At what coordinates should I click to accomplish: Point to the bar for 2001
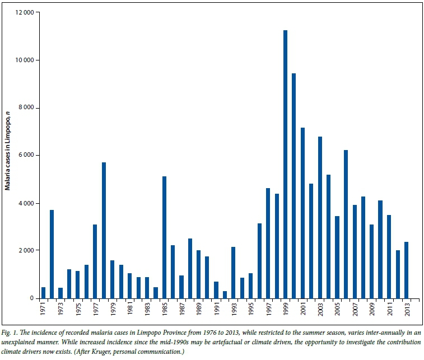coord(302,213)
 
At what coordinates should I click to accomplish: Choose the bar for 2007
coord(355,251)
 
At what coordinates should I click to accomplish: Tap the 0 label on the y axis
coord(31,298)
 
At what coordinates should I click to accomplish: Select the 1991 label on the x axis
coord(216,309)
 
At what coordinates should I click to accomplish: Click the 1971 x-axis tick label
coord(44,309)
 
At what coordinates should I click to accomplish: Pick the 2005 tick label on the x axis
coord(337,309)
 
